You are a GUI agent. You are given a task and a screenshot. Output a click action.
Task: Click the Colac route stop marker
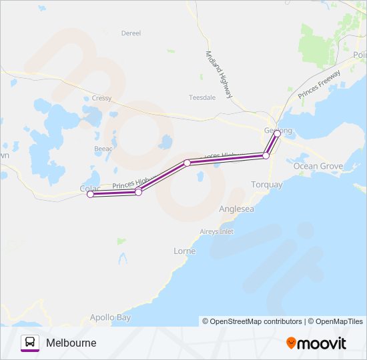coord(90,195)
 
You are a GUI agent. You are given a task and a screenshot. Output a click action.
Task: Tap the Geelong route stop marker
coord(278,133)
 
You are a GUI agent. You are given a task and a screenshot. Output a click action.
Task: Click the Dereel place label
coord(131,33)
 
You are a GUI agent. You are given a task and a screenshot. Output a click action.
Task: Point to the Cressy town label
coord(102,98)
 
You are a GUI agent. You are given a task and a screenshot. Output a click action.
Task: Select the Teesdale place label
coord(202,97)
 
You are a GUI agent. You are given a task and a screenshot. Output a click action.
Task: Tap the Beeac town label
coord(103,148)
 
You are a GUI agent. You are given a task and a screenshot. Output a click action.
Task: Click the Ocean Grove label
coord(318,166)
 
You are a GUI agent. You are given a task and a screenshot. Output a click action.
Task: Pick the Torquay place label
coord(266,184)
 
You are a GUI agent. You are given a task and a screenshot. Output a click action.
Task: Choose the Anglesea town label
coord(236,209)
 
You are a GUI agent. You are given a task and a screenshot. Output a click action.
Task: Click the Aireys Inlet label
coord(216,231)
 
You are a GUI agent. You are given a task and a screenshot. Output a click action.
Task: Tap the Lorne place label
coord(184,251)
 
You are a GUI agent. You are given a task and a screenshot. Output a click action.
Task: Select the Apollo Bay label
coord(110,317)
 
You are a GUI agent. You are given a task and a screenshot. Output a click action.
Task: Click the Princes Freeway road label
coord(319,85)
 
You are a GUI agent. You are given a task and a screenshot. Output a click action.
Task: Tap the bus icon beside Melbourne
coord(30,343)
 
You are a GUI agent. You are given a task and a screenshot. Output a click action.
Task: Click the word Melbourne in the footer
coord(71,343)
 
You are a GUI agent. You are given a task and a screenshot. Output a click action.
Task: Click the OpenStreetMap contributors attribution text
coord(252,321)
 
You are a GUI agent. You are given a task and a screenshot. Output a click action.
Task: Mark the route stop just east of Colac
coord(138,192)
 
